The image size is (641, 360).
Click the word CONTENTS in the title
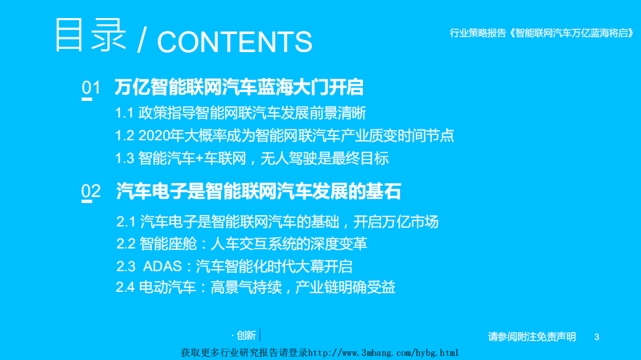click(235, 41)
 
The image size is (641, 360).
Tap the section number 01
click(90, 87)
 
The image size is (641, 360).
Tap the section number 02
click(90, 192)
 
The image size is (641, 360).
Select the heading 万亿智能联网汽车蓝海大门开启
click(239, 87)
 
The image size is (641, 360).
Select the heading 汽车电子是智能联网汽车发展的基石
click(259, 192)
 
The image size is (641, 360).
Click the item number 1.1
click(124, 113)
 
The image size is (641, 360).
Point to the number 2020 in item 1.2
click(154, 136)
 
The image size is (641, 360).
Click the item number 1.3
click(124, 158)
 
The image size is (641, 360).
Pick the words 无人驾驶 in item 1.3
click(287, 158)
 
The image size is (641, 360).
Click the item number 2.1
click(126, 222)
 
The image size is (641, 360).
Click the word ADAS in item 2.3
click(162, 266)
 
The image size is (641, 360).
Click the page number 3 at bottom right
click(597, 337)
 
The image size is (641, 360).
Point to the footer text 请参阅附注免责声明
click(532, 337)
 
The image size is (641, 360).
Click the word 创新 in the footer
click(246, 335)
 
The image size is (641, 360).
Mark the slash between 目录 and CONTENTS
click(141, 41)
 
